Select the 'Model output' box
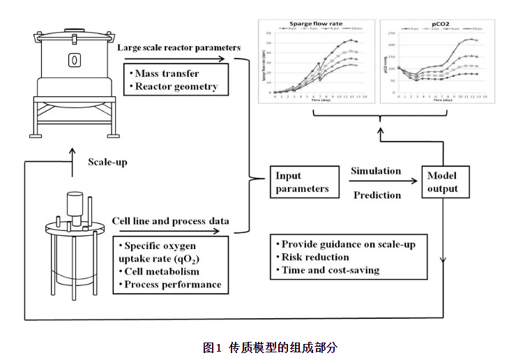point(443,183)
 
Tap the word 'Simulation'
point(376,171)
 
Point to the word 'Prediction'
point(378,195)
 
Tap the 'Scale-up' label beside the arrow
point(107,162)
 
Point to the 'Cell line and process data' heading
point(171,221)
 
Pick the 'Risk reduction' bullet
point(315,257)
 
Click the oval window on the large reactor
point(72,61)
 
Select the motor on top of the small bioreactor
point(74,205)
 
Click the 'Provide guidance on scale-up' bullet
point(350,244)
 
